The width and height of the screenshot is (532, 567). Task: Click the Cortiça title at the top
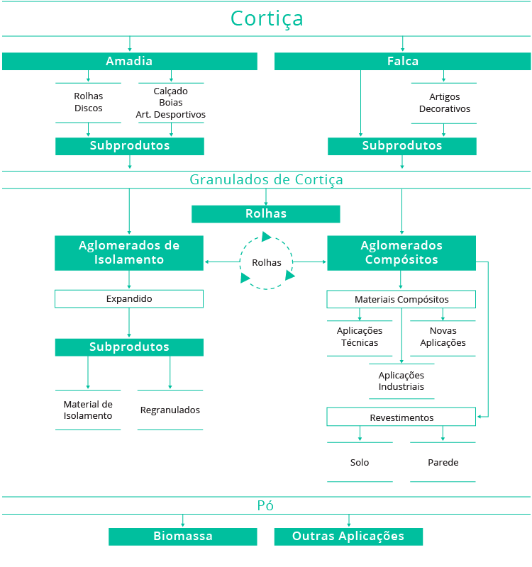pyautogui.click(x=266, y=18)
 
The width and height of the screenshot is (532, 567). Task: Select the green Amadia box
pyautogui.click(x=129, y=62)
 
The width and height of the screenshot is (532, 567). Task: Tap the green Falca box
pyautogui.click(x=402, y=62)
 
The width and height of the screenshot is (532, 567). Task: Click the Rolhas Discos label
pyautogui.click(x=89, y=102)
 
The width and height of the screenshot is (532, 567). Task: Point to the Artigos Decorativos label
pyautogui.click(x=444, y=103)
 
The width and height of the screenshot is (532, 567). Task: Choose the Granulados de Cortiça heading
pyautogui.click(x=266, y=179)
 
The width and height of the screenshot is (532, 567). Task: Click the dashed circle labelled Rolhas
pyautogui.click(x=266, y=262)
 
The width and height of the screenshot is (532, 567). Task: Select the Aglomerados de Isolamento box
pyautogui.click(x=129, y=252)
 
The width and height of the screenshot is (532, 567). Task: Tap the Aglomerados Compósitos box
pyautogui.click(x=401, y=252)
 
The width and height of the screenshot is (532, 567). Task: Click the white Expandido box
pyautogui.click(x=129, y=299)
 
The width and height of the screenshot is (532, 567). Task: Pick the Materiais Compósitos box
pyautogui.click(x=401, y=300)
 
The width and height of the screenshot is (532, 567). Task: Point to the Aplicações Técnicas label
pyautogui.click(x=360, y=337)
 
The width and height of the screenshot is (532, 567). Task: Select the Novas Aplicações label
pyautogui.click(x=443, y=337)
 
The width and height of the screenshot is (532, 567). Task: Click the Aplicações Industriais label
pyautogui.click(x=401, y=381)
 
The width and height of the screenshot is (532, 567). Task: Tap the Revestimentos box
pyautogui.click(x=401, y=417)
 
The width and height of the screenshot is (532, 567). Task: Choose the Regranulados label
pyautogui.click(x=170, y=410)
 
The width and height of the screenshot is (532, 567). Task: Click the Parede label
pyautogui.click(x=443, y=462)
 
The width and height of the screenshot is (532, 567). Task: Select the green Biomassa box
pyautogui.click(x=183, y=537)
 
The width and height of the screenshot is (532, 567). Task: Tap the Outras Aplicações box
pyautogui.click(x=348, y=537)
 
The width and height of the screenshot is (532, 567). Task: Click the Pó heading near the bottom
pyautogui.click(x=265, y=505)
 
